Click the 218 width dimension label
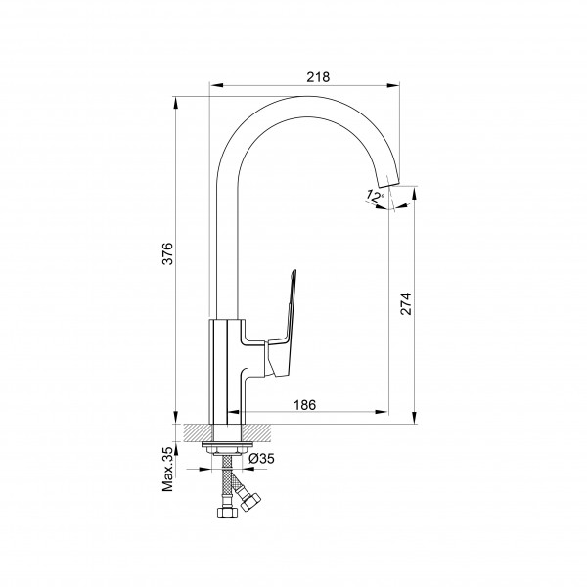tap(318, 77)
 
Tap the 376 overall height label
tap(167, 253)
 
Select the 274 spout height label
tap(406, 303)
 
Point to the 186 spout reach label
tap(304, 405)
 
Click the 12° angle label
tap(375, 196)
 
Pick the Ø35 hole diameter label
tap(261, 458)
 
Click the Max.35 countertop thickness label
tap(167, 469)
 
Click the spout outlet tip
tap(389, 182)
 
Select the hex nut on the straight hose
tap(226, 512)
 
